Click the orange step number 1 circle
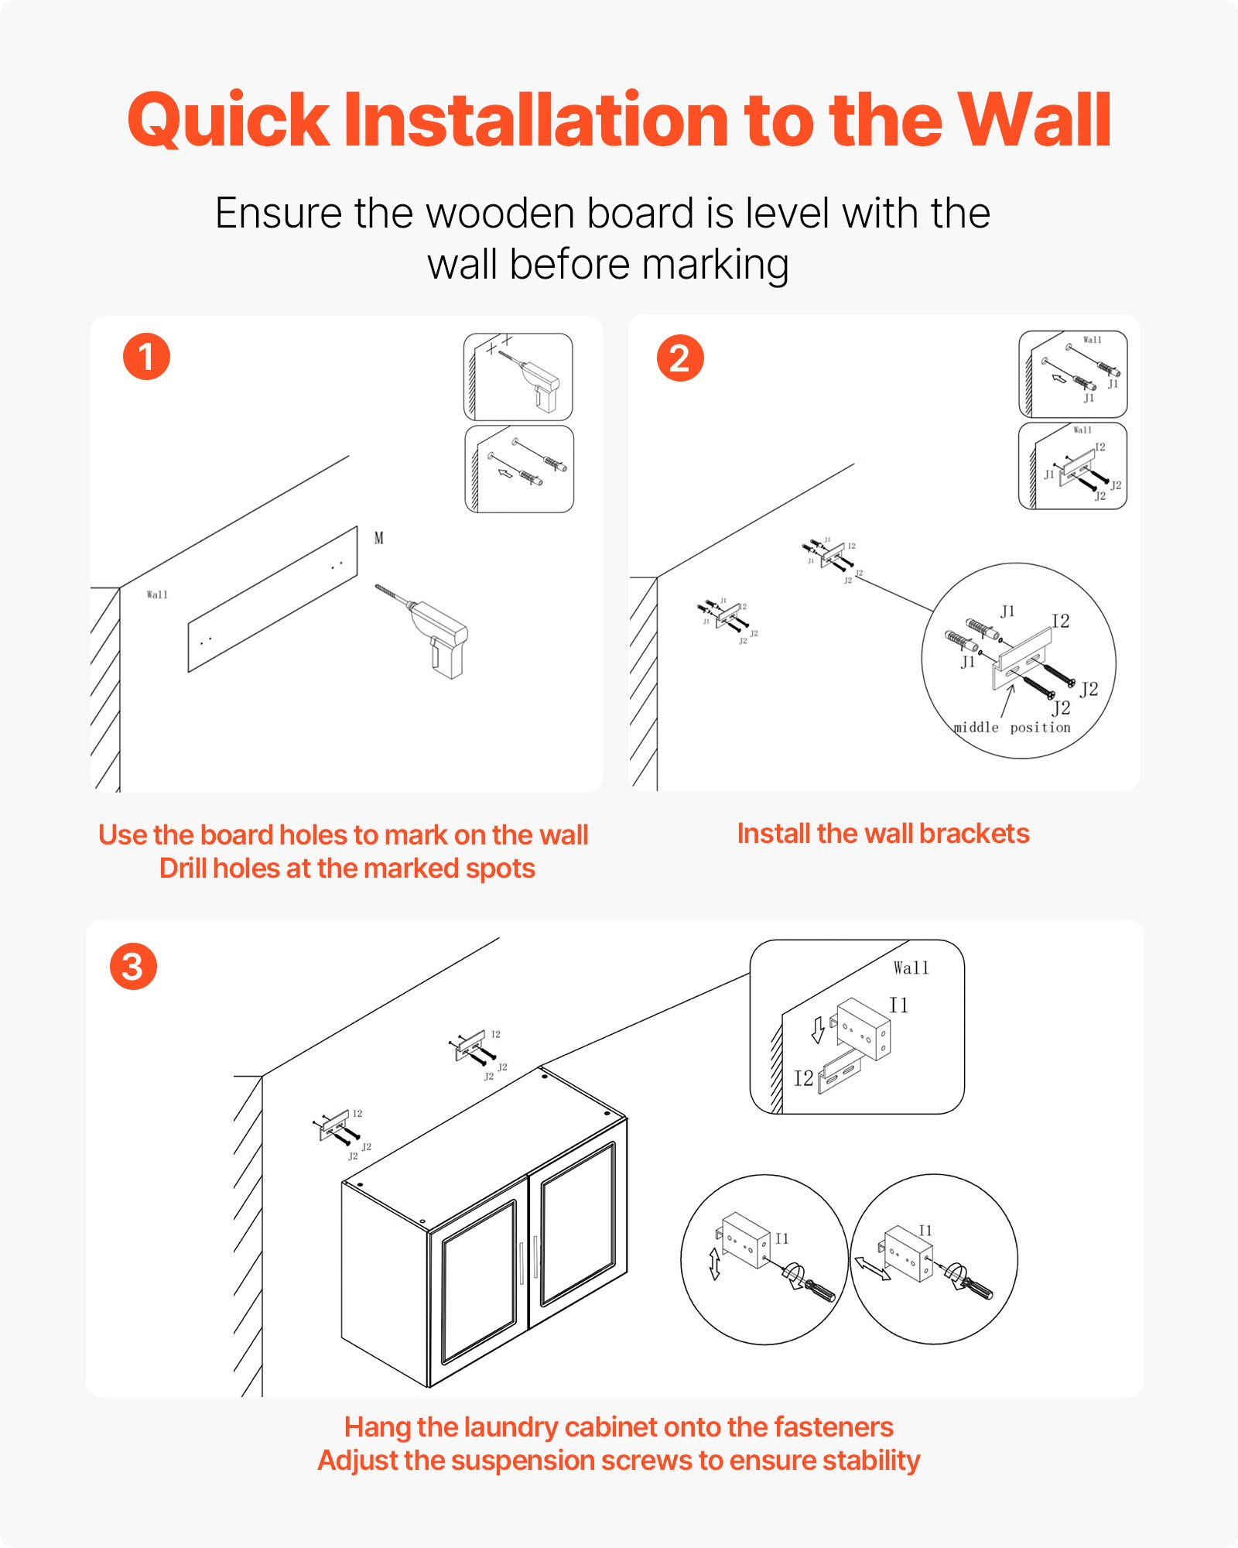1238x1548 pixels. (146, 357)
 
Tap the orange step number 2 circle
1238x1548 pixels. (680, 358)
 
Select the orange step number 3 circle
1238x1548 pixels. (133, 966)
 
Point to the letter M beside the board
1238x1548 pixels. (379, 538)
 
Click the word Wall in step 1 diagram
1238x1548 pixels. (157, 594)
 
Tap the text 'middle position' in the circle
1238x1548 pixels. (1012, 728)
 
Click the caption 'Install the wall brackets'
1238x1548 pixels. (883, 834)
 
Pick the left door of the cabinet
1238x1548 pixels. (478, 1281)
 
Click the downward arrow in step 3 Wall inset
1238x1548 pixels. (818, 1030)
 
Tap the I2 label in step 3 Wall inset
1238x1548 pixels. (803, 1078)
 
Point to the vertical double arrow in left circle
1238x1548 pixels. (715, 1263)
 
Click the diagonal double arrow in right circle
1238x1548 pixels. (872, 1268)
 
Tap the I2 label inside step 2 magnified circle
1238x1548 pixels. (1060, 621)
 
